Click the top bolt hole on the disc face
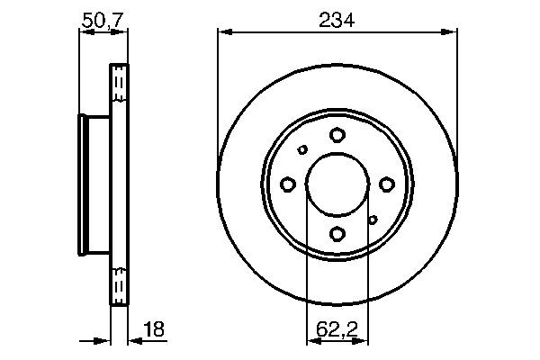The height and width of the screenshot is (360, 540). coord(337,135)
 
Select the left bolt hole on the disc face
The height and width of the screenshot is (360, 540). coord(288,184)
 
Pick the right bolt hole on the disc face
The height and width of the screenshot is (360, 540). coord(387,184)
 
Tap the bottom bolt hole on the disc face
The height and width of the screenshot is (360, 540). coord(337,234)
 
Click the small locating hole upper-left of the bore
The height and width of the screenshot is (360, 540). coord(302,150)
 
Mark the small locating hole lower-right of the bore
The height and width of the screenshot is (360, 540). coord(373,219)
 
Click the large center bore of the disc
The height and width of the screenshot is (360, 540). coord(337,184)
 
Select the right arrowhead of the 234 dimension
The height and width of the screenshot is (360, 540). coord(452,33)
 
